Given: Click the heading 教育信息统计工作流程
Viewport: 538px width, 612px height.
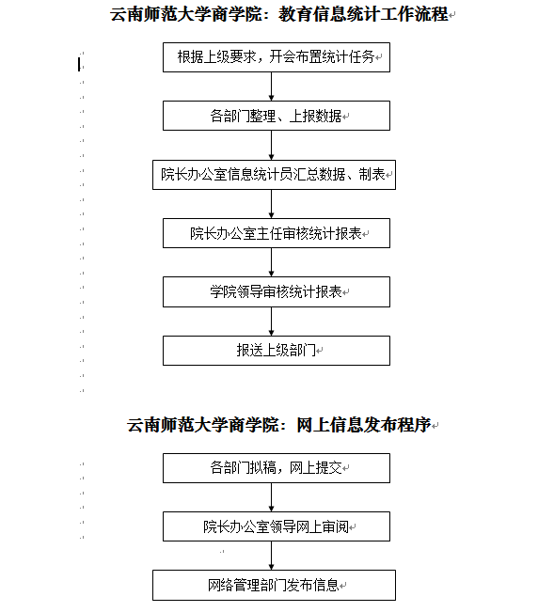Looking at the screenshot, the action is [363, 14].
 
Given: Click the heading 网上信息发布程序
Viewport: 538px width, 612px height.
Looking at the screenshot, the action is [363, 425].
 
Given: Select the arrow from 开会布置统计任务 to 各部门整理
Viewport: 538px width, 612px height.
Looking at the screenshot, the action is [271, 86].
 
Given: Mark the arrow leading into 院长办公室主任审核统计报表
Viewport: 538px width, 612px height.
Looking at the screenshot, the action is [271, 204].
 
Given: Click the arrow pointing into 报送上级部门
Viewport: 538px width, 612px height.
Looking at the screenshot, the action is [271, 322].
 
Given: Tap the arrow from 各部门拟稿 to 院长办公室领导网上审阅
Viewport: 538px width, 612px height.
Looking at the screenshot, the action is [271, 497].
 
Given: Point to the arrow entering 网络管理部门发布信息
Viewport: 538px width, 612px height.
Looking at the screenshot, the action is [271, 556].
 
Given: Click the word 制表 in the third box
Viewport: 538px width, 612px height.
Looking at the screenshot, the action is [372, 175].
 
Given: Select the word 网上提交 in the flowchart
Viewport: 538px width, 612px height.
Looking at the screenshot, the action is [316, 467].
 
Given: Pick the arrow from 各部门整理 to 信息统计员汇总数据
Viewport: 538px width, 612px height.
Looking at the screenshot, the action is [271, 145].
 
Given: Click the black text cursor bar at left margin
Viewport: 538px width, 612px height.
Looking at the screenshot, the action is [79, 65].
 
